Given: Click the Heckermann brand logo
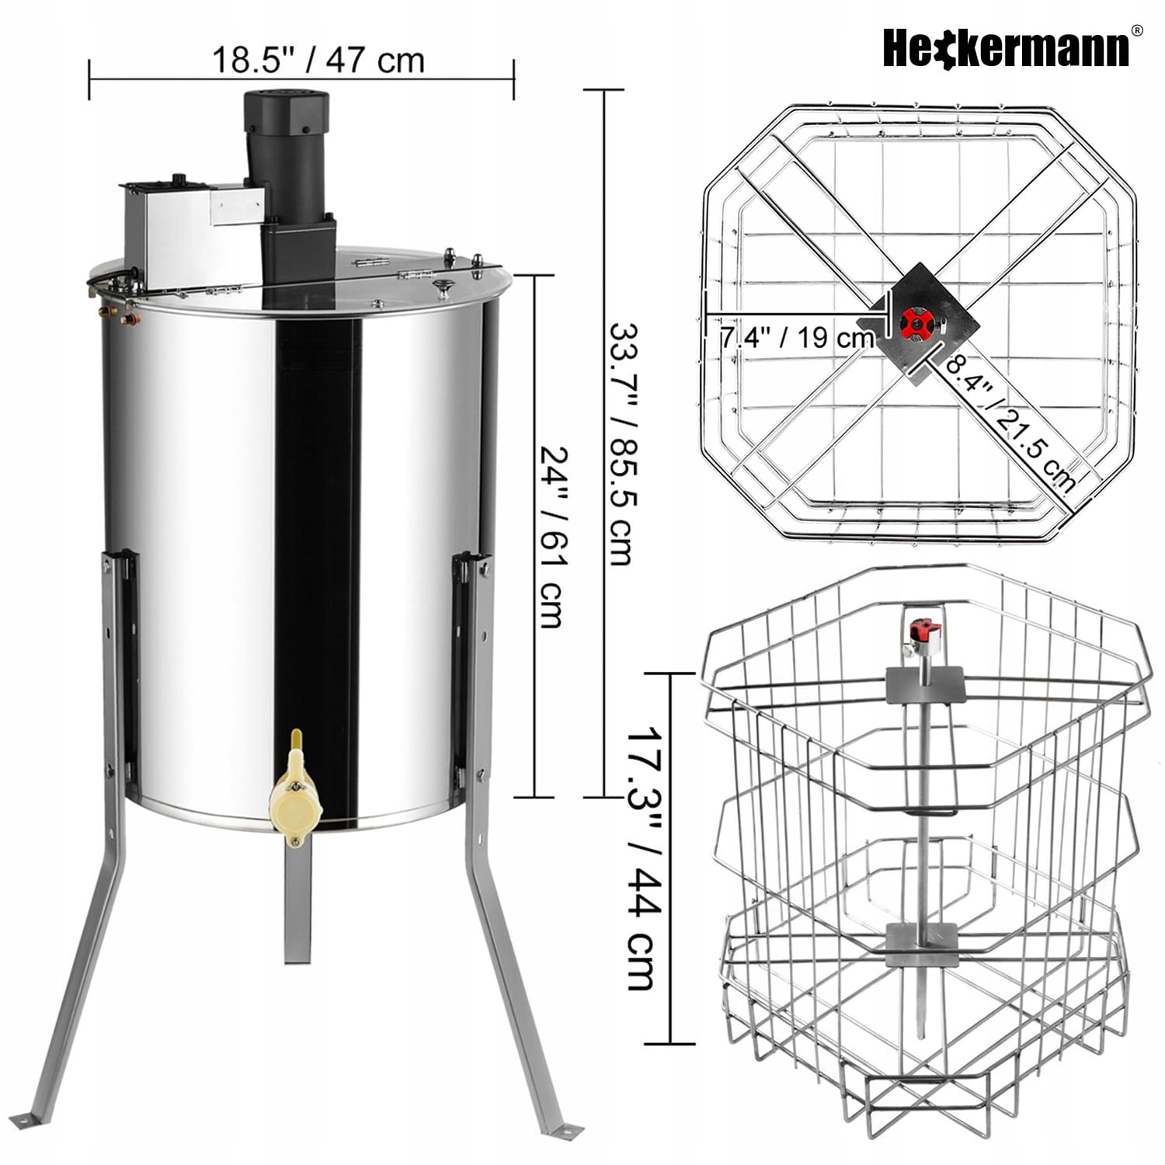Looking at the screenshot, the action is tap(1007, 48).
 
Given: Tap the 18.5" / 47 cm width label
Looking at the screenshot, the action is tap(318, 60).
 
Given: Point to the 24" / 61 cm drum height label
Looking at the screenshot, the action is tap(551, 537).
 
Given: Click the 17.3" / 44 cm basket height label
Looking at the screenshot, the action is tap(644, 858).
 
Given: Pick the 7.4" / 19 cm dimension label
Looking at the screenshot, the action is tap(798, 338).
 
